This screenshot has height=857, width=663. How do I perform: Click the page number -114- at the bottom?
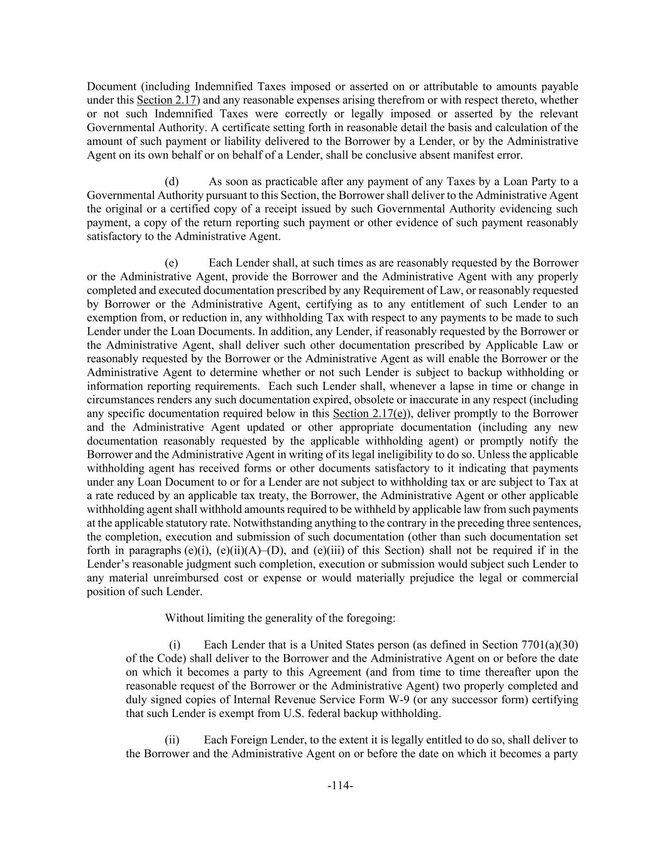click(x=340, y=785)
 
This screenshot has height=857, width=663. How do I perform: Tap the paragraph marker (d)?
click(x=172, y=181)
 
